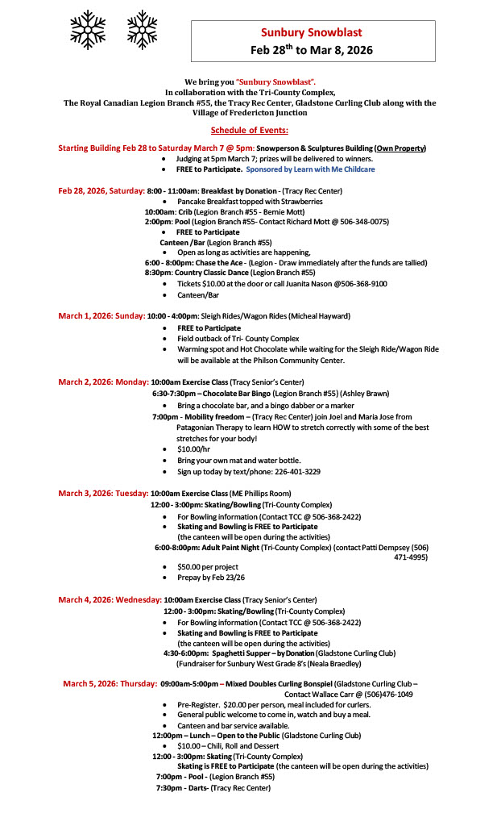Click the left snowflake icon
click(x=88, y=29)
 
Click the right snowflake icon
click(x=143, y=29)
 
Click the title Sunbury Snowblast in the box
click(x=311, y=33)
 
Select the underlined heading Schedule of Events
click(x=250, y=131)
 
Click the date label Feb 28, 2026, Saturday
click(x=101, y=191)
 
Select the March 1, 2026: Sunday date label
click(x=101, y=316)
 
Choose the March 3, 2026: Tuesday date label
click(x=103, y=493)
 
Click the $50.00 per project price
click(x=208, y=567)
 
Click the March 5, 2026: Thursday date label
click(x=110, y=684)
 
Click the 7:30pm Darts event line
click(x=213, y=788)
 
